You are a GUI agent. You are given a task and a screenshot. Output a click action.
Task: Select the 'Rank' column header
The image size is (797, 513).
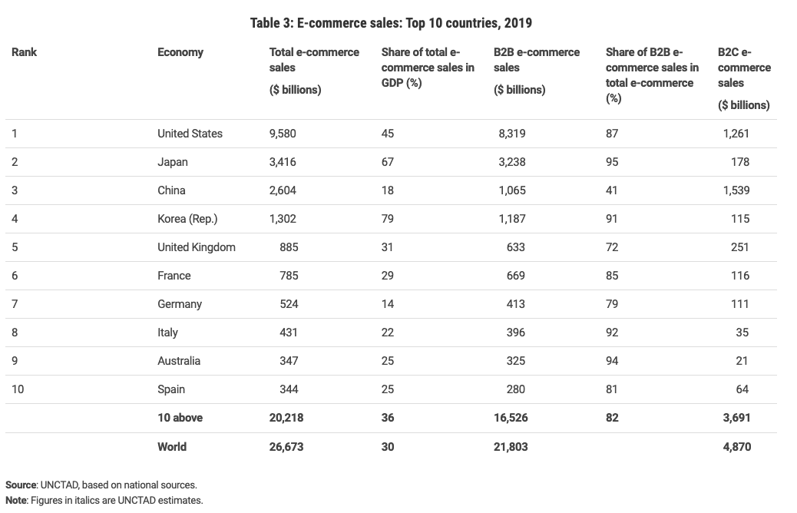(25, 52)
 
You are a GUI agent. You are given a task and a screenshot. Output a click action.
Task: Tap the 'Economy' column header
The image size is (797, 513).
(180, 52)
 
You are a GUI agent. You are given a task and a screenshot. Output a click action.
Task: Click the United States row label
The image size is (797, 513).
(190, 134)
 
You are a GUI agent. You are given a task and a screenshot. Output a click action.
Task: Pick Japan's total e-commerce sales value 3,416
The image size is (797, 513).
(283, 162)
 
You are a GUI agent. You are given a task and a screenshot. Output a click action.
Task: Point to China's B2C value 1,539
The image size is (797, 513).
(736, 190)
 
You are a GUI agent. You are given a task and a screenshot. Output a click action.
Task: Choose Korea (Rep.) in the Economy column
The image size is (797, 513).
(187, 219)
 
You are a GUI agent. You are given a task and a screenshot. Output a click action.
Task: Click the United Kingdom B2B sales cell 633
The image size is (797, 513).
(515, 247)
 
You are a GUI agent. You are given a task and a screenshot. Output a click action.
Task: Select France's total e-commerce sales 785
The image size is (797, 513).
(289, 276)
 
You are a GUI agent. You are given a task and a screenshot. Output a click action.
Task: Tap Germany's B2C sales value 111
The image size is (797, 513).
(739, 304)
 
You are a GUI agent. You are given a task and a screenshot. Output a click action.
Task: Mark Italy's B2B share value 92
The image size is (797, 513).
(612, 333)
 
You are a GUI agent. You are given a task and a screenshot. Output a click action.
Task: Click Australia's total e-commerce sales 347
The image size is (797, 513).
(289, 361)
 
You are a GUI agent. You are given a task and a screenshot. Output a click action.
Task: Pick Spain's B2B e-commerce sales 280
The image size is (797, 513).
(515, 389)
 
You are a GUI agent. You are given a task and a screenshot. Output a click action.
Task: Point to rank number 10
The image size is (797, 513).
(18, 389)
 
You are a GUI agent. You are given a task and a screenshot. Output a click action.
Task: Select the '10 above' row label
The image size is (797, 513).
(180, 418)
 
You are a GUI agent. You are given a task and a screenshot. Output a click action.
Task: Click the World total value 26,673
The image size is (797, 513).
(286, 446)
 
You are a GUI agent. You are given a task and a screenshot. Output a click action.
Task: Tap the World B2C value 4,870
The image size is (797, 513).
(736, 446)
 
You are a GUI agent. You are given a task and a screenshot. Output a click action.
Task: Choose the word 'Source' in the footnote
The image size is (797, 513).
(21, 485)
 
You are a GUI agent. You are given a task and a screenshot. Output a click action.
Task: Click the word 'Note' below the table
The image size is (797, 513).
(17, 500)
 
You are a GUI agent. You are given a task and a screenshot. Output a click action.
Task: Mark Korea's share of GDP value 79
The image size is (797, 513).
(388, 219)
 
